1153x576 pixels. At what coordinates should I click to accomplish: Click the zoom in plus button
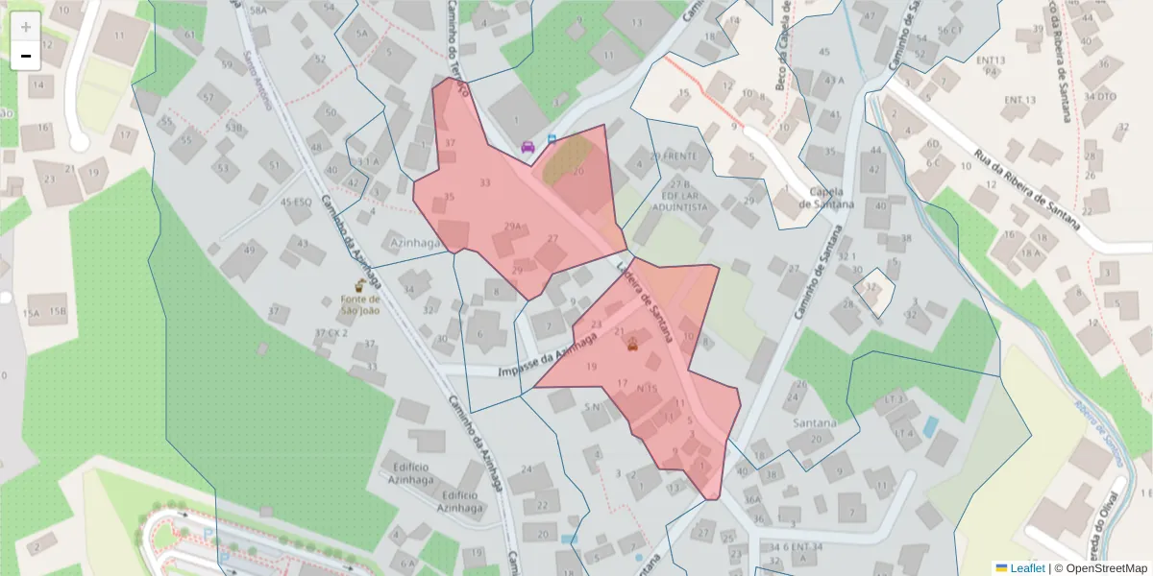coord(26,27)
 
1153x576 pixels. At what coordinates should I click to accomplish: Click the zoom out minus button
coord(26,56)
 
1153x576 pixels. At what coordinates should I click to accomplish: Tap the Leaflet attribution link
coord(1025,568)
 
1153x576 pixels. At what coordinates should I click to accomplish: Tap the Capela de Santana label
coord(832,197)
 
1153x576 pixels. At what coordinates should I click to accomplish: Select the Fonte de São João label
coord(359,304)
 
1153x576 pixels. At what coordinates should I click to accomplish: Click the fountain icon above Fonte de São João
coord(359,285)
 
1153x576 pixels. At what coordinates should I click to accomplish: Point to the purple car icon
coord(527,147)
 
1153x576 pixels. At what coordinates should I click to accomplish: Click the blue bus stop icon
coord(552,139)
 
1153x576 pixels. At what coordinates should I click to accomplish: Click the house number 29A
coord(512,227)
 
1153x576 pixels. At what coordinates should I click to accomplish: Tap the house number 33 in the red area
coord(484,182)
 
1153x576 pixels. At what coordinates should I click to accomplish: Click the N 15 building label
coord(648,388)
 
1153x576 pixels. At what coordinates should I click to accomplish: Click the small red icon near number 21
coord(632,346)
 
